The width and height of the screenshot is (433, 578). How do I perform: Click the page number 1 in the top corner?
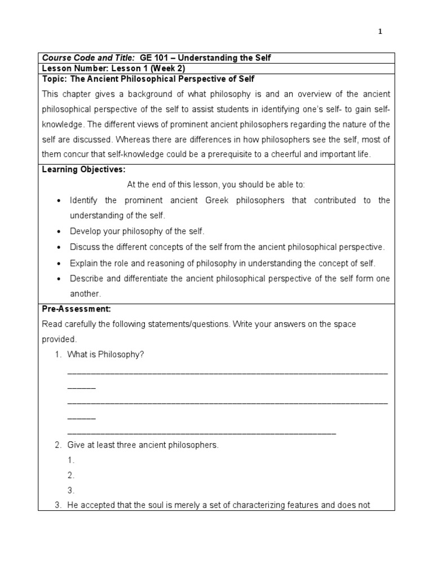coord(380,32)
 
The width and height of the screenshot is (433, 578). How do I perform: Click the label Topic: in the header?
coord(54,78)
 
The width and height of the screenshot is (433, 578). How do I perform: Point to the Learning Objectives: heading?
coord(84,169)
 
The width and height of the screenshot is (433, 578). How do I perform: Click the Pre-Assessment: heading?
coord(77,309)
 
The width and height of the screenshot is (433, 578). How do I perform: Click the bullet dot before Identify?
coord(59,201)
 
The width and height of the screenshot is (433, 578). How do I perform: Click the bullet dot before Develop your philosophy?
coord(59,232)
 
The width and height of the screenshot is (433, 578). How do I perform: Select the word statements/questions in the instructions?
coord(184,324)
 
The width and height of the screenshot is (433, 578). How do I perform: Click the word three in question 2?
coord(127,445)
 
